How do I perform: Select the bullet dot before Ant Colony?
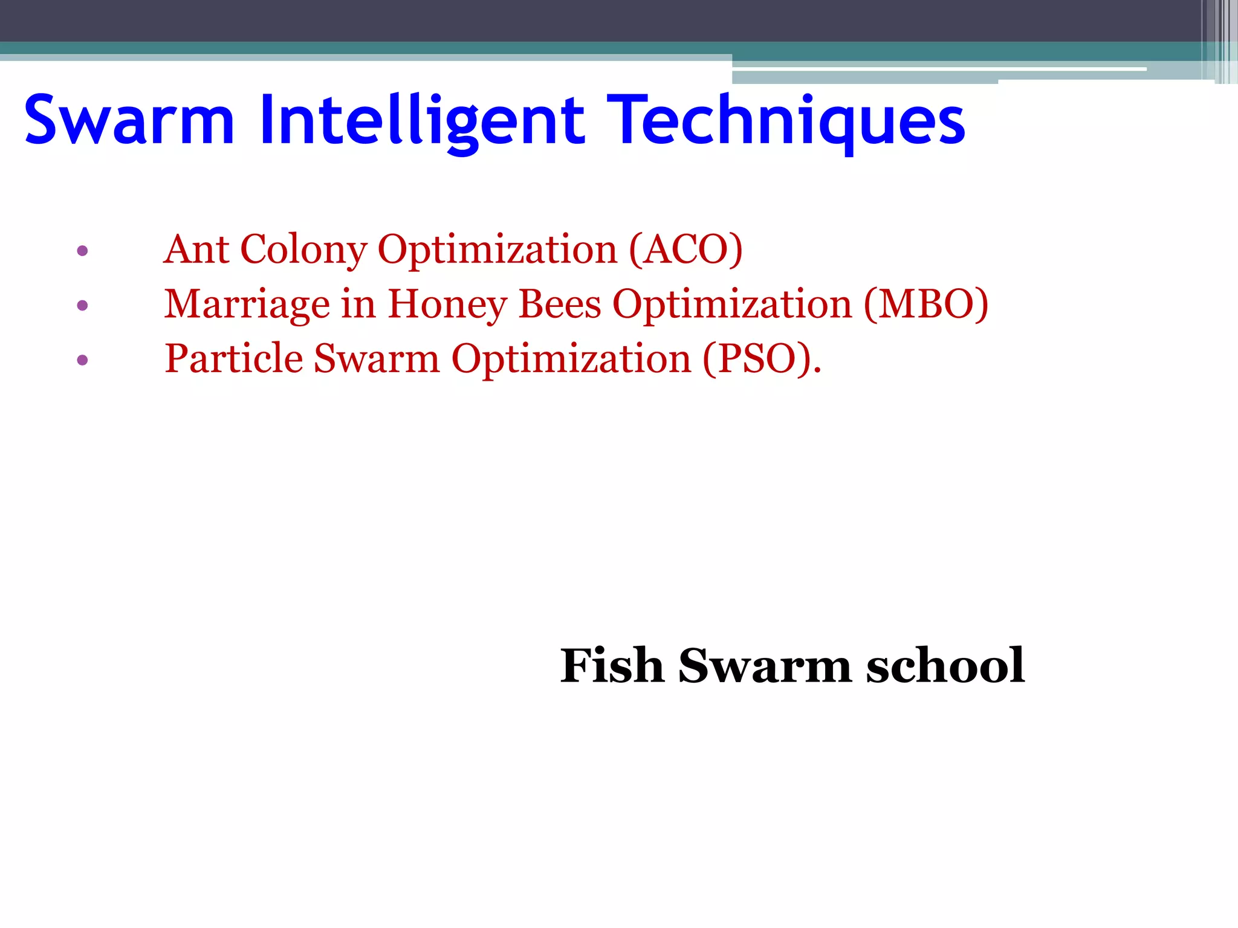pyautogui.click(x=83, y=250)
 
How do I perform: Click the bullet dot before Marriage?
pyautogui.click(x=83, y=305)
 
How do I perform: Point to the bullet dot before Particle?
pyautogui.click(x=83, y=361)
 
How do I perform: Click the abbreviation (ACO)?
pyautogui.click(x=685, y=249)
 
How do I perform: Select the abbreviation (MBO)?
pyautogui.click(x=926, y=304)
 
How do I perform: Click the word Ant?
pyautogui.click(x=196, y=249)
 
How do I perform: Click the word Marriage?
pyautogui.click(x=247, y=304)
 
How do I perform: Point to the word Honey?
pyautogui.click(x=447, y=304)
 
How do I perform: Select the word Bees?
pyautogui.click(x=560, y=304)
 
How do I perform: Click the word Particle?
pyautogui.click(x=233, y=359)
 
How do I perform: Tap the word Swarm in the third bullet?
pyautogui.click(x=377, y=359)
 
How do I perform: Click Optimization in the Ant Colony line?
pyautogui.click(x=497, y=249)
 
